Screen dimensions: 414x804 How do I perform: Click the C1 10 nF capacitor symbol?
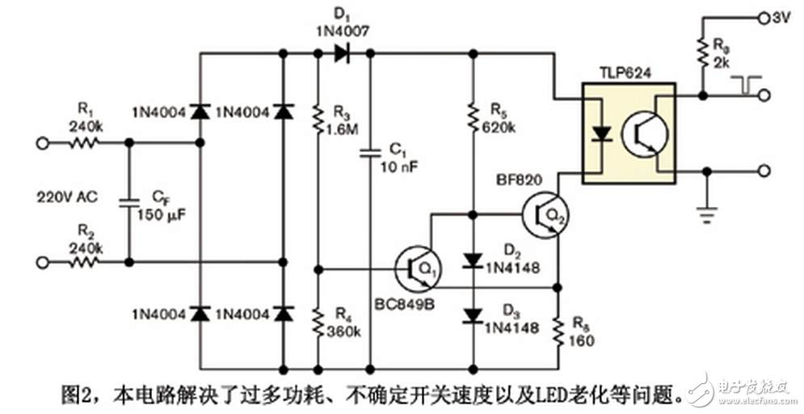[370, 151]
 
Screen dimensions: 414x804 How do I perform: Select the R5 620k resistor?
[473, 119]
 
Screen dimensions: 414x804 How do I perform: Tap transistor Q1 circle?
[415, 268]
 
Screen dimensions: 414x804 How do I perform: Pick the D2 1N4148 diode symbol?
[473, 260]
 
